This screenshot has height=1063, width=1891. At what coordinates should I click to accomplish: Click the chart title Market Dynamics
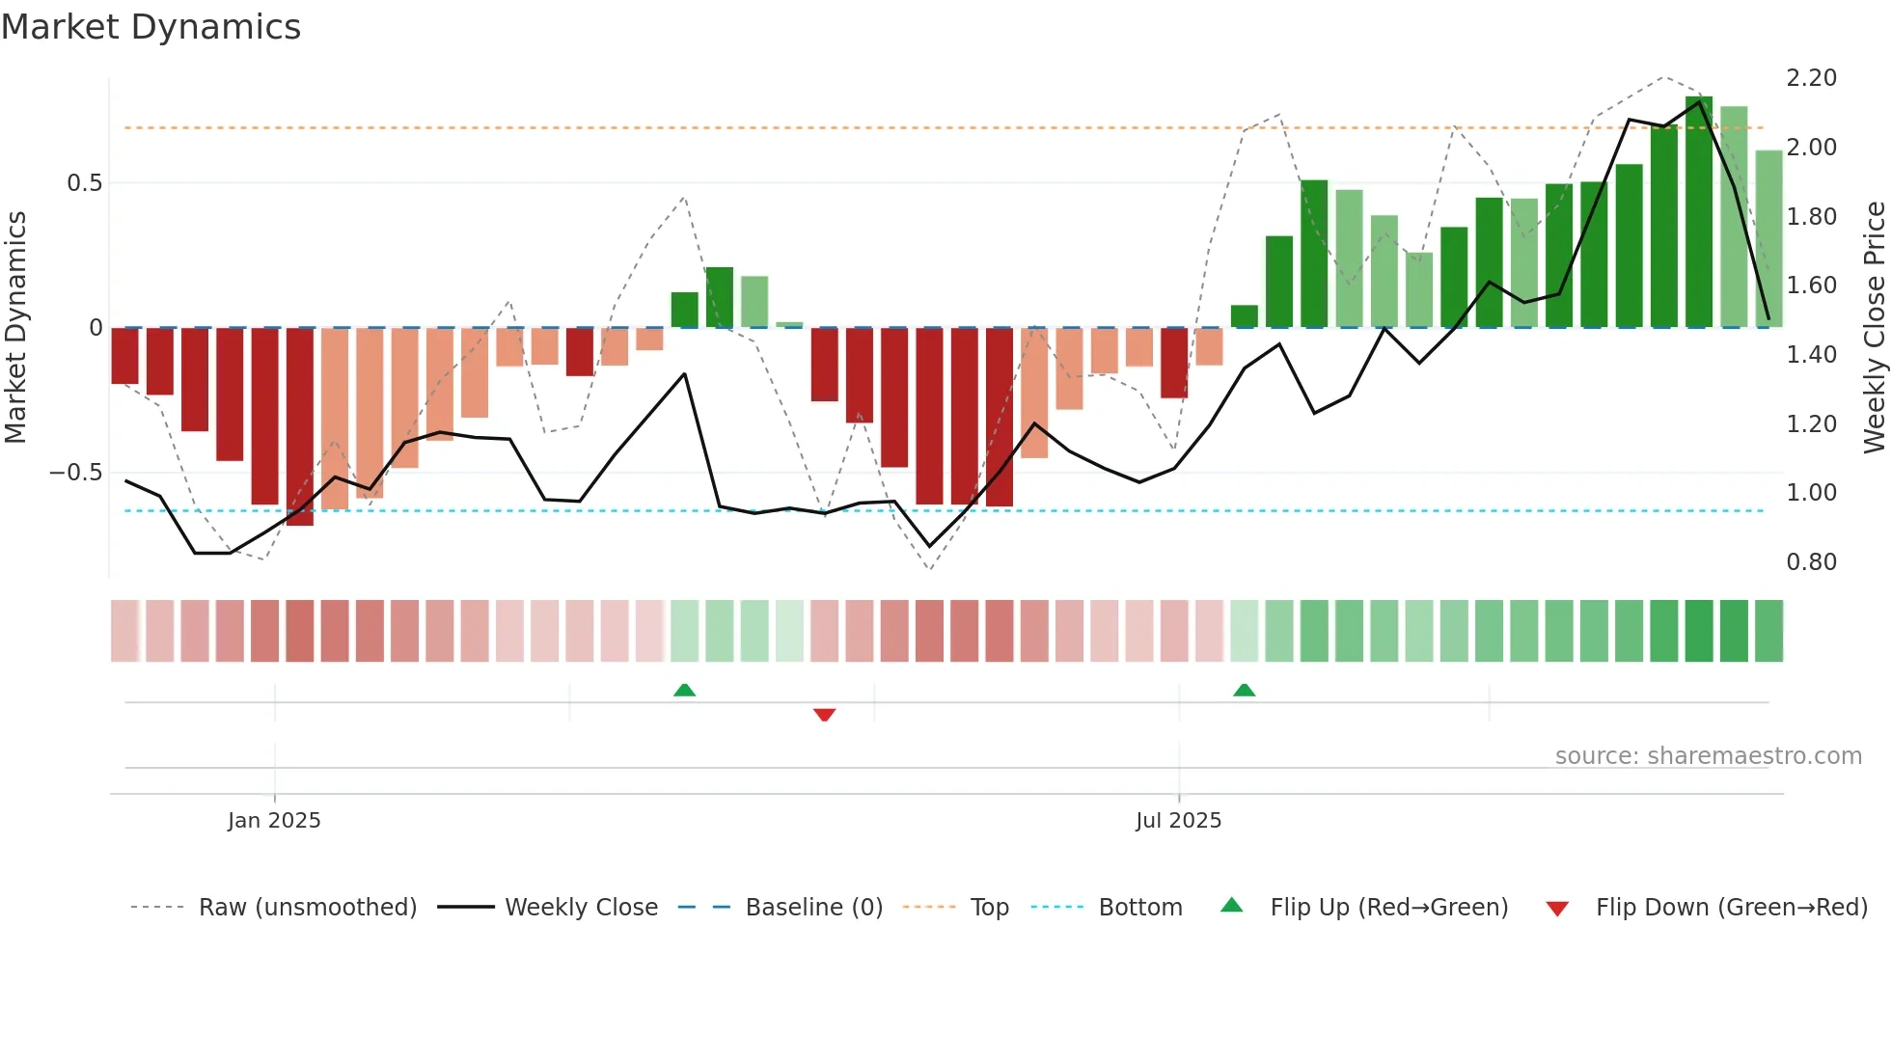[x=151, y=27]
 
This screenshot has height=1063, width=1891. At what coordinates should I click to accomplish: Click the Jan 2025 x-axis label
[x=274, y=821]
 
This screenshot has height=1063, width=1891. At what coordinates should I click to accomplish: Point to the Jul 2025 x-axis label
[x=1178, y=821]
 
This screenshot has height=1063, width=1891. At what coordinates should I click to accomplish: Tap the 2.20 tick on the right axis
[x=1811, y=78]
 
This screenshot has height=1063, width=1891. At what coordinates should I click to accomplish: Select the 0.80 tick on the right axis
[x=1811, y=562]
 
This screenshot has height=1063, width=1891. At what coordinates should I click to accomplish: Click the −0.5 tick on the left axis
[x=76, y=473]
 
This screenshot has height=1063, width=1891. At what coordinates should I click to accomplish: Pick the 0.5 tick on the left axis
[x=84, y=183]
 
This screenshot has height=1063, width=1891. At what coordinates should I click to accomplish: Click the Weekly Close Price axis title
[x=1874, y=328]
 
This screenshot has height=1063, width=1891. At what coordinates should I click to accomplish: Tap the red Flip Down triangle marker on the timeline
[x=824, y=715]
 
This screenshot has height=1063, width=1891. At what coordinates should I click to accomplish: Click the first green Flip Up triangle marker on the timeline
[x=684, y=690]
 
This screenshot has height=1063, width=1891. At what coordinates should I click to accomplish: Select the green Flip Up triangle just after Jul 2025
[x=1244, y=690]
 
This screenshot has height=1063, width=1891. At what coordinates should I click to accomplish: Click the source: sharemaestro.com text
[x=1708, y=756]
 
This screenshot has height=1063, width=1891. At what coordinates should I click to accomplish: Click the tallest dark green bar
[x=1698, y=212]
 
